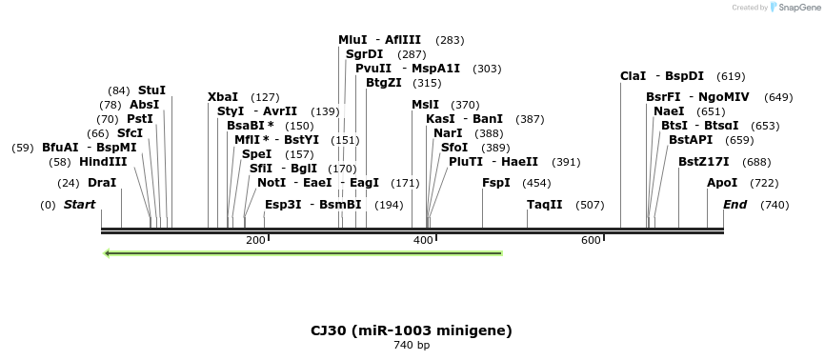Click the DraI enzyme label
tap(102, 183)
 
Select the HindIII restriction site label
tap(103, 162)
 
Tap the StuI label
tap(151, 90)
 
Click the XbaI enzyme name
tap(223, 97)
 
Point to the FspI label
tap(495, 183)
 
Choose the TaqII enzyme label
tap(545, 205)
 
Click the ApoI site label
tap(722, 183)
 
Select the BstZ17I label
tap(704, 162)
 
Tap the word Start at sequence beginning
tap(79, 205)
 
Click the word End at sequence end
tap(734, 205)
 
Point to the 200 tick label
tap(255, 241)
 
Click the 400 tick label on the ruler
tap(423, 241)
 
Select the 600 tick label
tap(591, 241)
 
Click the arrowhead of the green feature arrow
tap(109, 253)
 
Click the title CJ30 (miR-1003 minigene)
tap(412, 330)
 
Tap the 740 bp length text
tap(412, 346)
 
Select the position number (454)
tap(537, 183)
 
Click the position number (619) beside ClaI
tap(731, 76)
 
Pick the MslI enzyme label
tap(426, 105)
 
